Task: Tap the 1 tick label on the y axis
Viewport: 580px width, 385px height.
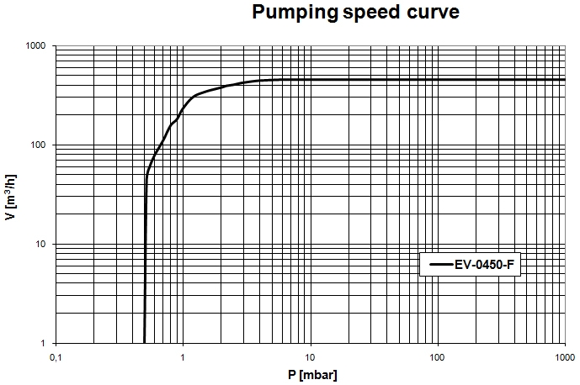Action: pyautogui.click(x=43, y=343)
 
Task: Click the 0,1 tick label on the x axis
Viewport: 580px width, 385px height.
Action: pyautogui.click(x=56, y=358)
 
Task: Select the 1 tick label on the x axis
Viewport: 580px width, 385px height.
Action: pyautogui.click(x=184, y=358)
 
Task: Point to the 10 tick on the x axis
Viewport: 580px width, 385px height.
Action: pyautogui.click(x=311, y=358)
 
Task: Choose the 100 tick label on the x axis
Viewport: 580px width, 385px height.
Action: pyautogui.click(x=438, y=358)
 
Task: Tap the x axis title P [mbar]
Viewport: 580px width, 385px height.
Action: pyautogui.click(x=311, y=375)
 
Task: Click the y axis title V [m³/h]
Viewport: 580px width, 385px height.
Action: pyautogui.click(x=11, y=195)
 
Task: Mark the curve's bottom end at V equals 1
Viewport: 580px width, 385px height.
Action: pyautogui.click(x=145, y=342)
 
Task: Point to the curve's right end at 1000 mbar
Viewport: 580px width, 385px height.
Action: pyautogui.click(x=564, y=80)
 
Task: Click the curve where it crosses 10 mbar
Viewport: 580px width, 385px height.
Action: pyautogui.click(x=311, y=80)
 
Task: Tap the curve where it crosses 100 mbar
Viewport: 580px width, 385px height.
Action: pyautogui.click(x=438, y=80)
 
